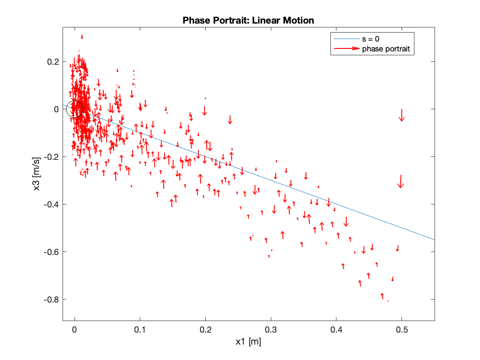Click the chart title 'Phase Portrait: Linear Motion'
coord(248,21)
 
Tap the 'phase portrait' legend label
coord(386,49)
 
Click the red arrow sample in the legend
coord(346,49)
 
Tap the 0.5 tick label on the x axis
coord(402,330)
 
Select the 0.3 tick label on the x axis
coord(271,330)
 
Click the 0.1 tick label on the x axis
coord(140,330)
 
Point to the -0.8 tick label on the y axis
coord(50,299)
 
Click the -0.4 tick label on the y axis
coord(50,204)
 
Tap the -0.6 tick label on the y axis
coord(50,252)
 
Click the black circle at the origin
coord(75,109)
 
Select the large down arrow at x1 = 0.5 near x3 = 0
coord(402,115)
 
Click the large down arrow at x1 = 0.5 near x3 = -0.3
coord(401,181)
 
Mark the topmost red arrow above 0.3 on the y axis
coord(82,37)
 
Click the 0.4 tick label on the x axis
coord(336,330)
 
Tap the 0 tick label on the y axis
coord(56,109)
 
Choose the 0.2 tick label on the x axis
coord(206,330)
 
